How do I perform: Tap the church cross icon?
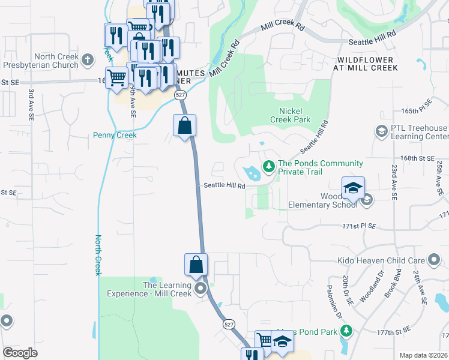[x=88, y=59]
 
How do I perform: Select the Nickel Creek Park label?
[x=295, y=115]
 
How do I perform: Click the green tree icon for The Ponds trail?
[x=270, y=164]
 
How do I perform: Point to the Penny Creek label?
[x=115, y=135]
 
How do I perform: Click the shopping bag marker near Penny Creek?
[x=185, y=125]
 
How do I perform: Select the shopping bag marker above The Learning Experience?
[x=196, y=265]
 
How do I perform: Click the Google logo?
[x=20, y=353]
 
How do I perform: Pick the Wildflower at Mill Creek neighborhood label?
[x=366, y=64]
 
